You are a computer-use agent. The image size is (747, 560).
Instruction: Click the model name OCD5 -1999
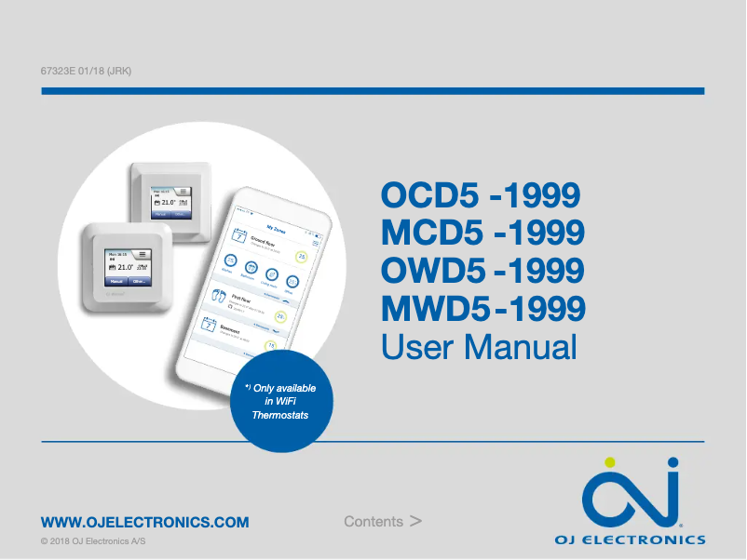pos(481,196)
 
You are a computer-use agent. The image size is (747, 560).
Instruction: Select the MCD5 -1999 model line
pos(482,233)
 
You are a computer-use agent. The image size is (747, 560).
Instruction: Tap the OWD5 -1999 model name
pos(483,271)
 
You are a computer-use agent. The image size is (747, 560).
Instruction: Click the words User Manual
pos(479,347)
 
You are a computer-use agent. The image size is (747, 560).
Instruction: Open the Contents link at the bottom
pos(373,522)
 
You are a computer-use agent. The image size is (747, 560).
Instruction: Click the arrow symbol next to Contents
pos(415,521)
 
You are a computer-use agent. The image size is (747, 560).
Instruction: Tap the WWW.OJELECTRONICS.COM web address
pos(144,522)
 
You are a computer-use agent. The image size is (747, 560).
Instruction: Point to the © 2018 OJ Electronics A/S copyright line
pos(93,541)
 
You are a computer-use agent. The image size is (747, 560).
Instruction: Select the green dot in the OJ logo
pos(610,462)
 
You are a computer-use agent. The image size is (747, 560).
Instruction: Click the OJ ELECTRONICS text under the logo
pos(630,540)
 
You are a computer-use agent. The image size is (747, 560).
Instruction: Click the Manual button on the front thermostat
pos(115,280)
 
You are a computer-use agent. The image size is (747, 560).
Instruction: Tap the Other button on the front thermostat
pos(139,280)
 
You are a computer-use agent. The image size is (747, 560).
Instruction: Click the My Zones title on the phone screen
pos(276,225)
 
